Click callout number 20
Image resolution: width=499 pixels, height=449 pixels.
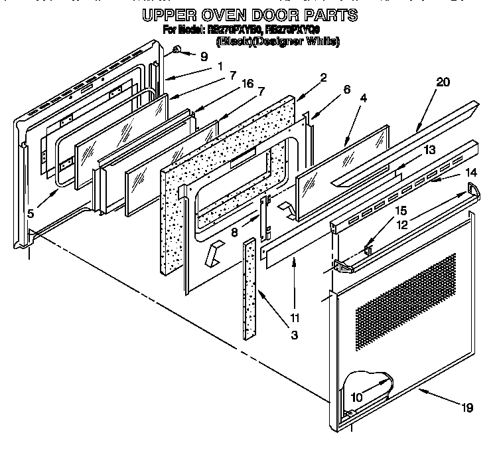coord(443,82)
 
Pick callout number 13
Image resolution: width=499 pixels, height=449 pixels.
coord(429,150)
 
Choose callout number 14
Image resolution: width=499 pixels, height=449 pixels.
coord(471,172)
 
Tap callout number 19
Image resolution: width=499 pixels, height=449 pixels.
coord(468,408)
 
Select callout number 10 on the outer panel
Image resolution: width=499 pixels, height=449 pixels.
coord(357,398)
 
